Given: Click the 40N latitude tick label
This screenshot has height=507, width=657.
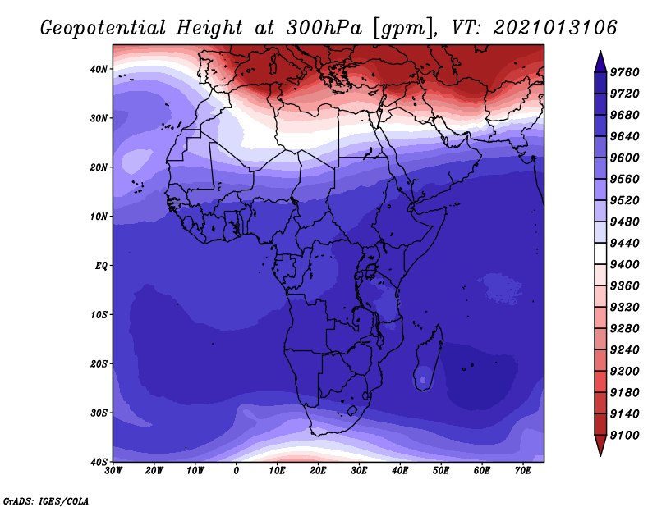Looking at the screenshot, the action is pyautogui.click(x=99, y=69).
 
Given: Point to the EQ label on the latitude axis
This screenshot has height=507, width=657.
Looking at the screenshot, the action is pyautogui.click(x=101, y=266).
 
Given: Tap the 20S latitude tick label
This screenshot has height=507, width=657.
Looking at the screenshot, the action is pyautogui.click(x=99, y=363).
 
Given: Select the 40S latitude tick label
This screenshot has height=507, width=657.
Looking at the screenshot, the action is pyautogui.click(x=99, y=462).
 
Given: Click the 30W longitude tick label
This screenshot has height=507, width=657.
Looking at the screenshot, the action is pyautogui.click(x=113, y=471).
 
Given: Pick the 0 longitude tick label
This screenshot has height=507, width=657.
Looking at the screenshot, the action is pyautogui.click(x=237, y=471).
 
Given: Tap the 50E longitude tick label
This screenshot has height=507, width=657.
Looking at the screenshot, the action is pyautogui.click(x=441, y=471).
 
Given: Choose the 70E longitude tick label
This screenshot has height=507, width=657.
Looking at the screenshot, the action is pyautogui.click(x=522, y=471).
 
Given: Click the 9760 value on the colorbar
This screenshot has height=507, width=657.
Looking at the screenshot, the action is pyautogui.click(x=624, y=72).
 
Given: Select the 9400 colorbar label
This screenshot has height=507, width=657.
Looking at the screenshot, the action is pyautogui.click(x=624, y=265).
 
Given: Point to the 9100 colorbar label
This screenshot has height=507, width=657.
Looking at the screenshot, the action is pyautogui.click(x=624, y=436).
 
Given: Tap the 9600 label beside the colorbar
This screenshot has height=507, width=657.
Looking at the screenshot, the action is pyautogui.click(x=624, y=158).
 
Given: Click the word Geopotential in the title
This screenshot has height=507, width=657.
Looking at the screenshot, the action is pyautogui.click(x=103, y=28).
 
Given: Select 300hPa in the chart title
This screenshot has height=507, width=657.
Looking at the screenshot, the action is pyautogui.click(x=324, y=28).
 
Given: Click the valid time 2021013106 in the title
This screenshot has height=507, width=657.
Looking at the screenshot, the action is pyautogui.click(x=555, y=28).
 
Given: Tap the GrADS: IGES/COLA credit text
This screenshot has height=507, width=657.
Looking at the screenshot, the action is pyautogui.click(x=46, y=501).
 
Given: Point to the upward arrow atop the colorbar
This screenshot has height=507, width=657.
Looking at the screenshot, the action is pyautogui.click(x=600, y=62).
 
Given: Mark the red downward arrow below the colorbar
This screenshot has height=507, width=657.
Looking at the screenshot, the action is pyautogui.click(x=600, y=445).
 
